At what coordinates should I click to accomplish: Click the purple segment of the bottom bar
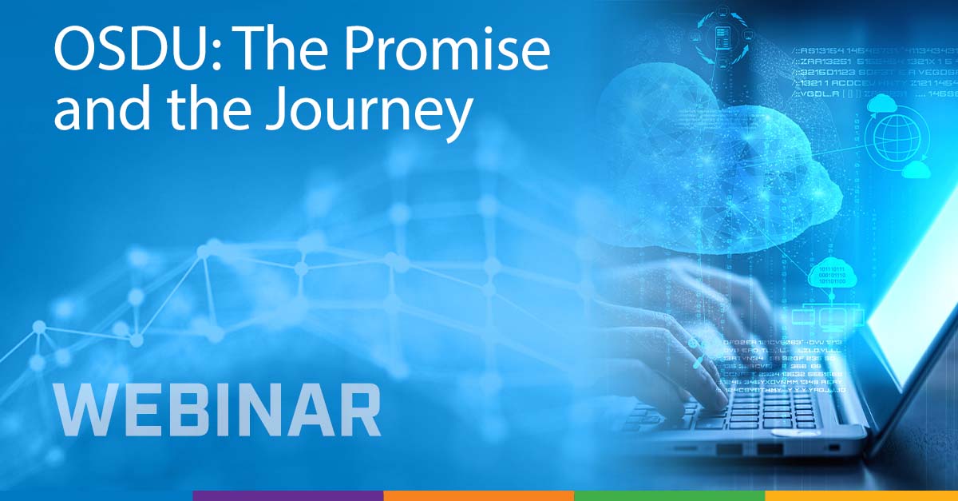click(x=287, y=495)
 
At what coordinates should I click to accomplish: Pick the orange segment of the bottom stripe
click(x=478, y=495)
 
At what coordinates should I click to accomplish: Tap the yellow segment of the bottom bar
click(x=861, y=495)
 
